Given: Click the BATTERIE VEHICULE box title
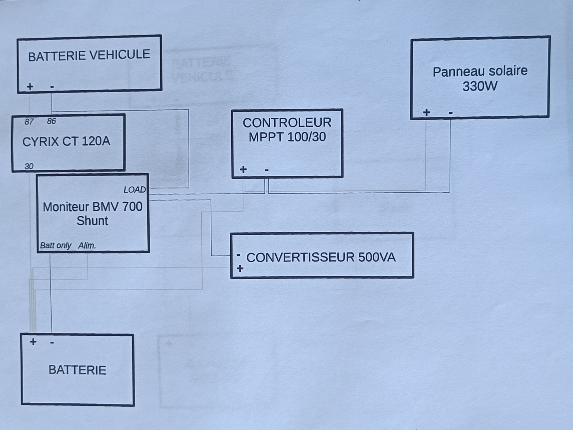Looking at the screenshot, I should (89, 56).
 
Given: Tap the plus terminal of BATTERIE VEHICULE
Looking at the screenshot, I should (30, 86).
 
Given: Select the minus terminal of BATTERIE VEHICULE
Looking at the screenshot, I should (52, 87).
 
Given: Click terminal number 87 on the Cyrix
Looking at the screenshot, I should (29, 122).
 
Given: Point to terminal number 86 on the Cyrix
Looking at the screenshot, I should (51, 121).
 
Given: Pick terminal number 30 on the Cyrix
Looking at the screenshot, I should (29, 166).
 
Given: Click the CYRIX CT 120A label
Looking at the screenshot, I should (66, 142).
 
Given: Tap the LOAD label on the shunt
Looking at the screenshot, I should (134, 189).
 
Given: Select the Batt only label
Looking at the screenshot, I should (56, 245).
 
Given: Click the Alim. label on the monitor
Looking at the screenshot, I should (87, 246).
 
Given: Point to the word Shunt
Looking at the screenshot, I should (92, 221).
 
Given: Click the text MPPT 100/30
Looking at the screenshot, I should (287, 137).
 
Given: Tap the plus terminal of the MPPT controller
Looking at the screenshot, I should (243, 169).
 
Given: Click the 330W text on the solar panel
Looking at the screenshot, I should (480, 86).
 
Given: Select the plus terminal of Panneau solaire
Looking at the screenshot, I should (427, 112).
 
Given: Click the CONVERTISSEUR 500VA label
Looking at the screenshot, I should (321, 257).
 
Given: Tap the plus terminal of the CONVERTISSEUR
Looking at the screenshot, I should (240, 268).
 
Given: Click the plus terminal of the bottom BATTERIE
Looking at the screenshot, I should (33, 342).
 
